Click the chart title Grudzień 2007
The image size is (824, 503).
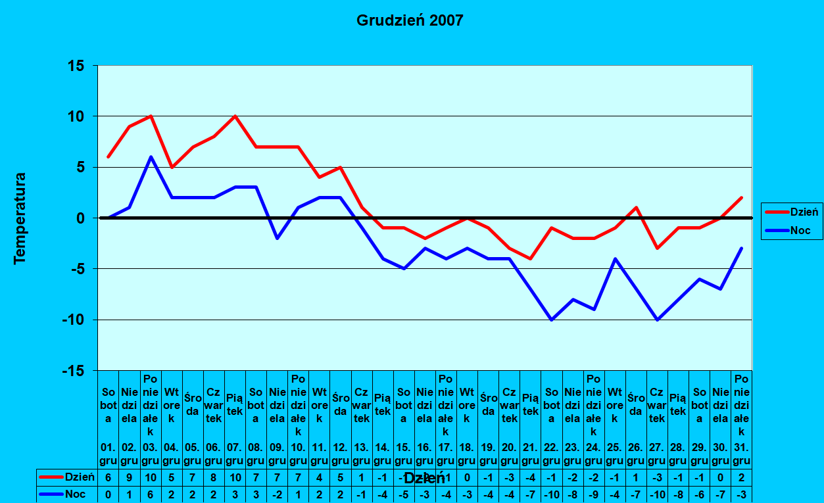pos(410,20)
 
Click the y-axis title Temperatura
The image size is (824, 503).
pos(20,218)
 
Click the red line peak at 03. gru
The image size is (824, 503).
pos(151,116)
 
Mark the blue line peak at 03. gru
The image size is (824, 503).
pos(151,157)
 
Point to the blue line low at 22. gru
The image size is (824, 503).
pos(552,320)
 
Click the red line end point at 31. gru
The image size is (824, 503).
pos(742,197)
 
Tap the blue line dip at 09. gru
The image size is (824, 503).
pos(277,238)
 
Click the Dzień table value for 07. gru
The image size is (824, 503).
pos(235,477)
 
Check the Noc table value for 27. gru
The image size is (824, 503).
pos(657,494)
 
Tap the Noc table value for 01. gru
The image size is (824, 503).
pos(109,494)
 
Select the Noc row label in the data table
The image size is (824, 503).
pos(74,494)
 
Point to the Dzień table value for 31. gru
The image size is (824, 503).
pos(742,477)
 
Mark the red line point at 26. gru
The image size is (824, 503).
pos(636,208)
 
